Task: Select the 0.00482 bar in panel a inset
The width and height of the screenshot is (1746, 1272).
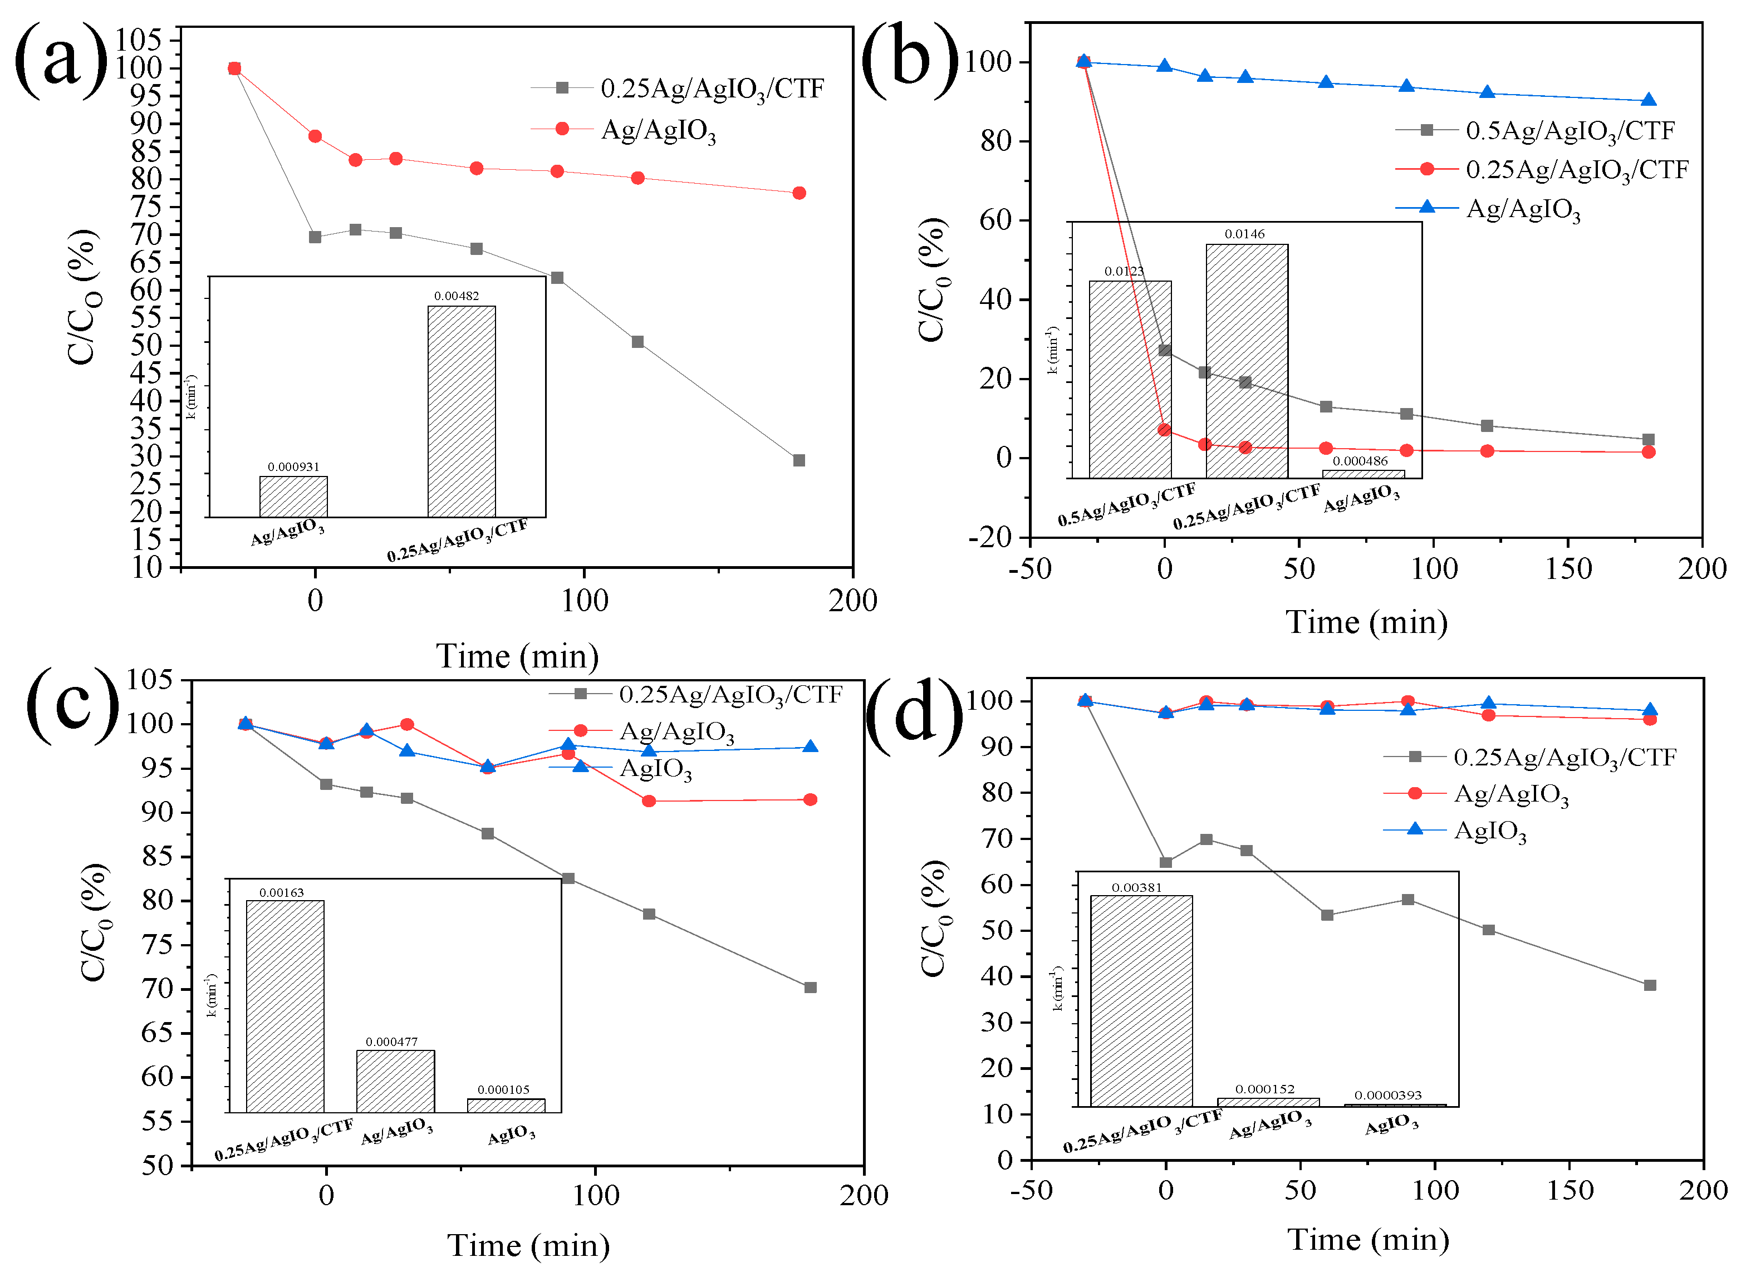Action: coord(462,412)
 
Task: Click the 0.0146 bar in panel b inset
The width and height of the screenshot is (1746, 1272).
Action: coord(1246,362)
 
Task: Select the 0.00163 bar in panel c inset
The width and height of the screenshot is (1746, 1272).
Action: coord(285,1006)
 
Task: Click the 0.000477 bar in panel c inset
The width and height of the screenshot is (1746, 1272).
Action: coord(395,1081)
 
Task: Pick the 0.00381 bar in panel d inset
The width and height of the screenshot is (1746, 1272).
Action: coord(1141,1001)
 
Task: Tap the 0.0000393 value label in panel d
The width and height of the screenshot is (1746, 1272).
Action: coord(1388,1096)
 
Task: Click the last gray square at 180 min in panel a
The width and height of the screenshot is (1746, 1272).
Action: coord(799,460)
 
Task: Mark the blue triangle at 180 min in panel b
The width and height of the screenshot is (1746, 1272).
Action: coord(1648,100)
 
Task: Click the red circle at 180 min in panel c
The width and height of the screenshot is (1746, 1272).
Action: coord(810,800)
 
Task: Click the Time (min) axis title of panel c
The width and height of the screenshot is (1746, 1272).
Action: coord(528,1245)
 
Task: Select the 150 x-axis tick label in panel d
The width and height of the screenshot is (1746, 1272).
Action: coord(1570,1190)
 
